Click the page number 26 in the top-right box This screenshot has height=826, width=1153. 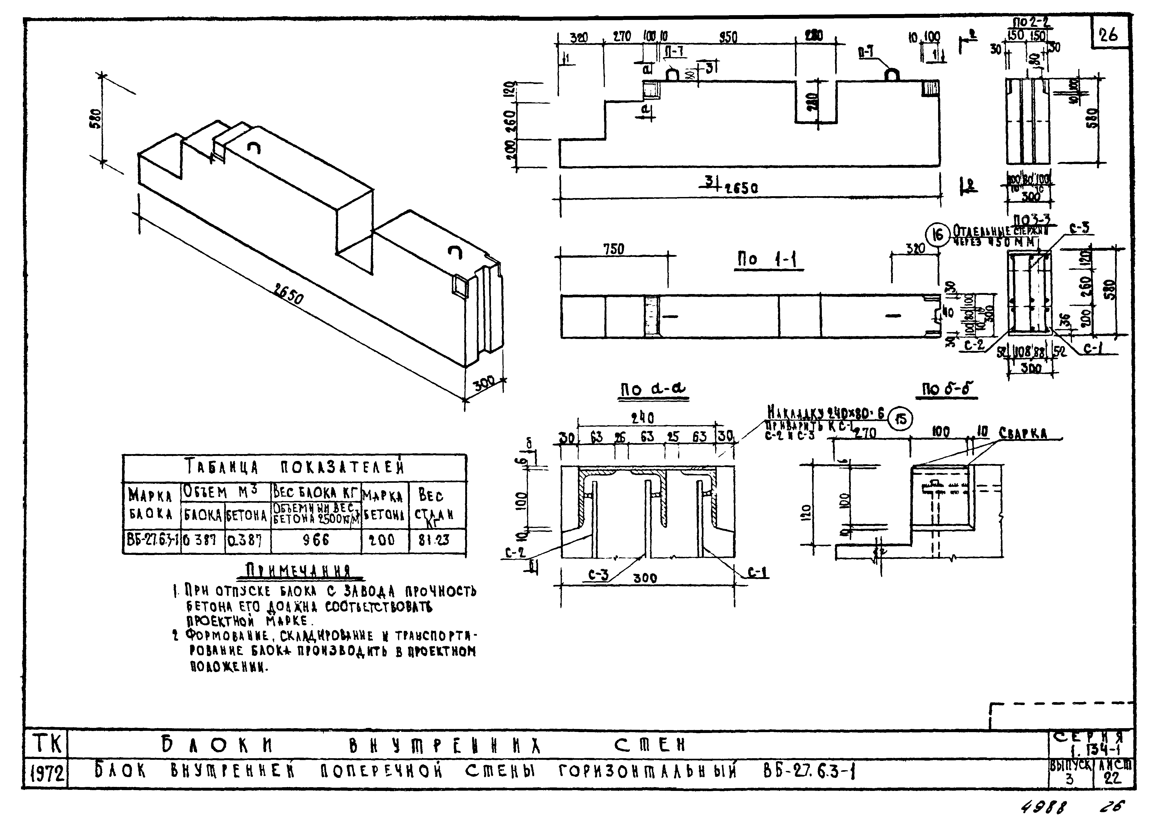click(x=1109, y=35)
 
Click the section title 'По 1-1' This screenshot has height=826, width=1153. click(x=768, y=260)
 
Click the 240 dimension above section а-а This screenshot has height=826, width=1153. click(x=643, y=419)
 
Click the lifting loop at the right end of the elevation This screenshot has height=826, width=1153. click(x=893, y=75)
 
